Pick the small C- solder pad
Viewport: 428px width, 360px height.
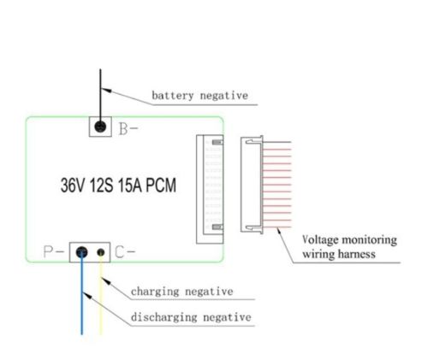[x=103, y=252]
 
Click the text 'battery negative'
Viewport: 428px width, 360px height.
[x=199, y=96]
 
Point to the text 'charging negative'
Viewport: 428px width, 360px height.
[x=181, y=292]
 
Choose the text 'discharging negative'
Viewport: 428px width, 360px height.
[x=191, y=318]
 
